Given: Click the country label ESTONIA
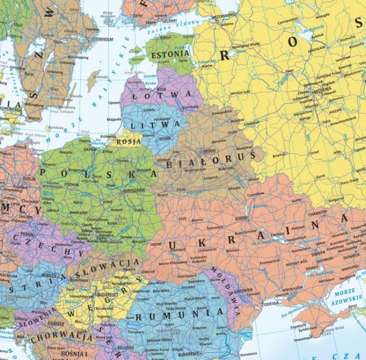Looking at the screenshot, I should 167,55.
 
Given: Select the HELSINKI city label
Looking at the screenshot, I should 169,21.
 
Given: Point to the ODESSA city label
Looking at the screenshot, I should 271,303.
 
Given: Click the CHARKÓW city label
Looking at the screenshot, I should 317,213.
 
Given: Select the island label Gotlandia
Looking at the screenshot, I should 101,77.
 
